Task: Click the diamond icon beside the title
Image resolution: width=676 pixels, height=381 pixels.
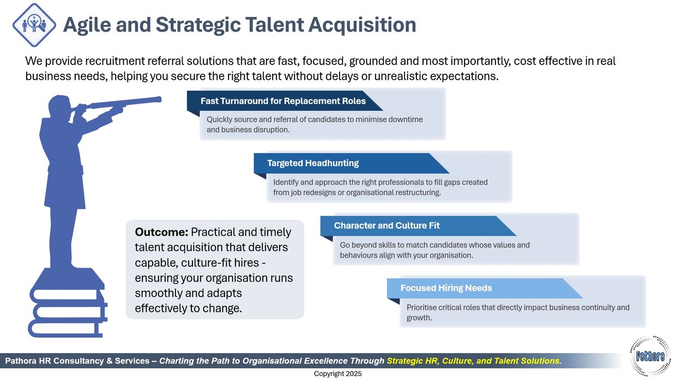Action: (x=34, y=25)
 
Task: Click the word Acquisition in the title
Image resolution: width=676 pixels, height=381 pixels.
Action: (x=362, y=25)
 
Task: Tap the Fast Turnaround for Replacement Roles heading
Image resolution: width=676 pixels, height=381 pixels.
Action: (x=283, y=101)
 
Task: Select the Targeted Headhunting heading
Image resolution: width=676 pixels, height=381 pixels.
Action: (x=313, y=163)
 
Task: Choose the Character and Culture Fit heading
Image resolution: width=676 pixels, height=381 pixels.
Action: (x=387, y=225)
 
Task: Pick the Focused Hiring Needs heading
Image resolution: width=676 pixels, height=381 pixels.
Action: (x=446, y=288)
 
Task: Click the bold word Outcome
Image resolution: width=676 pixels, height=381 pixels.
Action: (x=161, y=232)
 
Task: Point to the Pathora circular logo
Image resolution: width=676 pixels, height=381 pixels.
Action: (x=650, y=356)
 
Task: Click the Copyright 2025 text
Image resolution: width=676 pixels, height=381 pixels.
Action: (x=337, y=374)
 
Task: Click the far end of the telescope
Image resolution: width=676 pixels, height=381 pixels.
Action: (x=159, y=99)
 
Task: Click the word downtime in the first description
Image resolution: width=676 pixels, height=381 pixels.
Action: (x=405, y=120)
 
